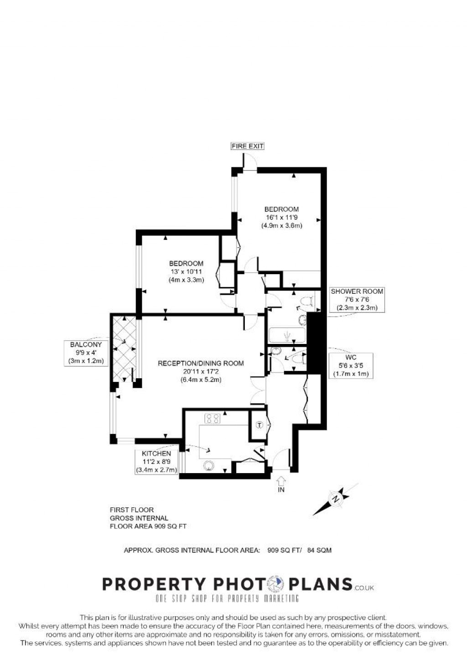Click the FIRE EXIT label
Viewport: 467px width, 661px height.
pos(248,146)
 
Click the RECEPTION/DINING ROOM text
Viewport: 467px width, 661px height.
pos(201,364)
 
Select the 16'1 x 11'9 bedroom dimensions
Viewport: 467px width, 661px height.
pos(282,217)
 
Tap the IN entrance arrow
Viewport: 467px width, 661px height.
pos(281,481)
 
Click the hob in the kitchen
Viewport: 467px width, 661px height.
pos(213,418)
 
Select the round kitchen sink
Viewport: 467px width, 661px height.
pos(209,466)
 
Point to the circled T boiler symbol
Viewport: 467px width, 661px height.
pos(259,425)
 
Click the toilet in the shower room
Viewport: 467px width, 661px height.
pos(307,301)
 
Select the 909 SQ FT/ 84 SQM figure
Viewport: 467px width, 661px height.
pos(299,550)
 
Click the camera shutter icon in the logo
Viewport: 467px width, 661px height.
pos(275,584)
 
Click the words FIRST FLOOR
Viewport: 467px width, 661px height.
pos(132,510)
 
